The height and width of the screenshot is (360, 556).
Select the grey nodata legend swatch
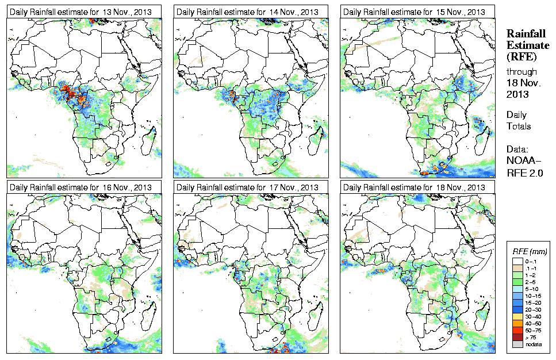517,344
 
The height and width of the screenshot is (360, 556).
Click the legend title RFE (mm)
529,251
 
